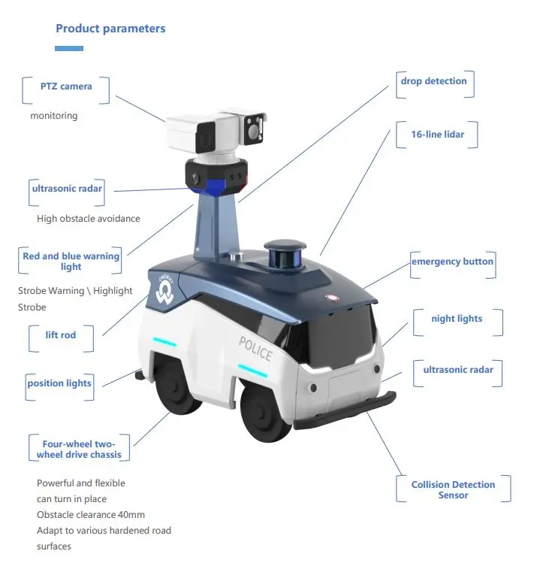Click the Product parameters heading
click(x=110, y=29)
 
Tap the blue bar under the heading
click(x=69, y=48)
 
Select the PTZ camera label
click(x=66, y=86)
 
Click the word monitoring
click(x=53, y=116)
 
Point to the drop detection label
click(x=433, y=81)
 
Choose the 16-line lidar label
click(x=437, y=135)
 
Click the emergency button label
click(x=452, y=262)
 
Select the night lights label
click(x=457, y=319)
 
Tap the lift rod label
click(x=60, y=334)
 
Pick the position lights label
click(x=59, y=383)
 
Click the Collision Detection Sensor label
click(x=453, y=490)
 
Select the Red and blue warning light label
click(x=71, y=262)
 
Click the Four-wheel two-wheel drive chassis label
click(x=78, y=449)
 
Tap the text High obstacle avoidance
click(x=88, y=219)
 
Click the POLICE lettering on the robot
click(x=255, y=349)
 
